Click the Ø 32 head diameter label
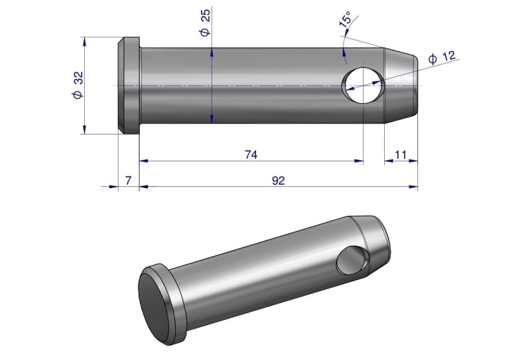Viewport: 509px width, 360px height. click(x=78, y=85)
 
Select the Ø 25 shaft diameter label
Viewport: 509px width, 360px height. click(x=205, y=22)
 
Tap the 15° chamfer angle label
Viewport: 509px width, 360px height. click(x=345, y=19)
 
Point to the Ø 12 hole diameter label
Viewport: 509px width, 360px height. click(x=442, y=57)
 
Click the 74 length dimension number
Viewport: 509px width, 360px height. click(x=251, y=155)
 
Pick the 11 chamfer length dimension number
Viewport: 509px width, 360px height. click(x=401, y=155)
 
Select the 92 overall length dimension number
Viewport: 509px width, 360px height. click(x=278, y=181)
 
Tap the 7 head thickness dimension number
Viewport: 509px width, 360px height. click(x=128, y=180)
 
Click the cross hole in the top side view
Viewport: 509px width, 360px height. click(x=363, y=86)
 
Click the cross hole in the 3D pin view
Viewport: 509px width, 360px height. click(x=352, y=259)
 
